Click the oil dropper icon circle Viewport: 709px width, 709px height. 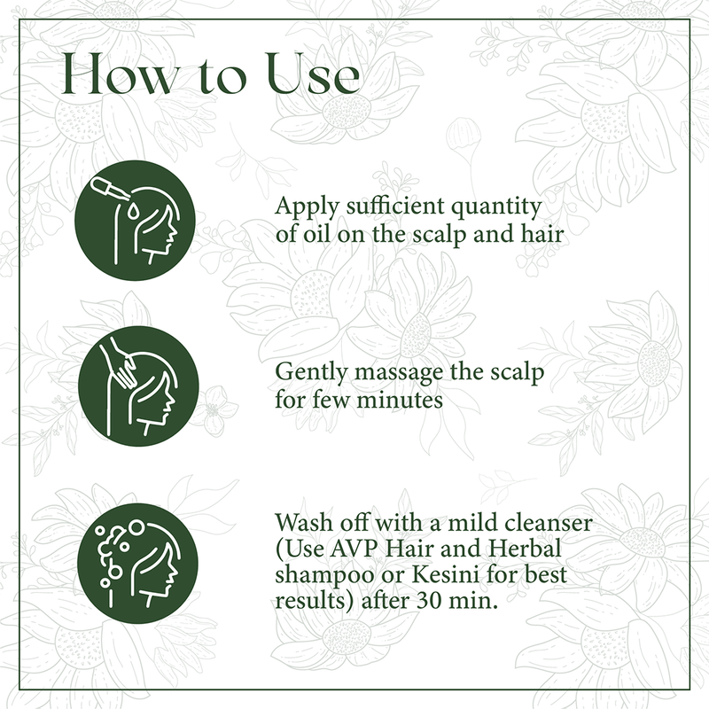coord(136,221)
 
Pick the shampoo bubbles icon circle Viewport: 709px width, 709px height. coord(136,556)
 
